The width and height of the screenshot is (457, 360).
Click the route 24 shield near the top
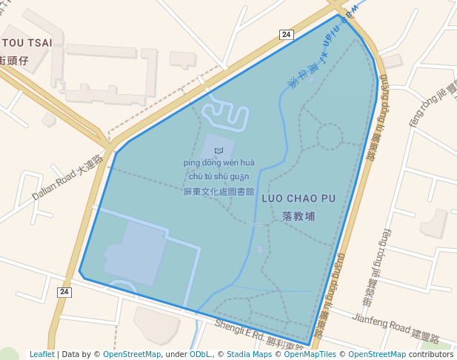(286, 34)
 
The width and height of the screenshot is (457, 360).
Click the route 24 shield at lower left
(64, 293)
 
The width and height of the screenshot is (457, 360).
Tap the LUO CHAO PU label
(298, 199)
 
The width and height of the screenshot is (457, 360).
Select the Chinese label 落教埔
(298, 216)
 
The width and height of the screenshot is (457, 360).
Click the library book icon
(218, 150)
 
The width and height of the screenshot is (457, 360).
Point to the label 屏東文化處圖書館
(219, 190)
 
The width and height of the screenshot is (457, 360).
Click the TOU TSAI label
(27, 43)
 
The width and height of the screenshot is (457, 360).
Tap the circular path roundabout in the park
(330, 136)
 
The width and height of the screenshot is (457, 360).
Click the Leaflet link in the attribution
(41, 354)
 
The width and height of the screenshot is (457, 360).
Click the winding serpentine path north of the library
(225, 116)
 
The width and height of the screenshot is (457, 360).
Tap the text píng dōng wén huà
(219, 163)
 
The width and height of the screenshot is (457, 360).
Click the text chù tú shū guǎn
(219, 176)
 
